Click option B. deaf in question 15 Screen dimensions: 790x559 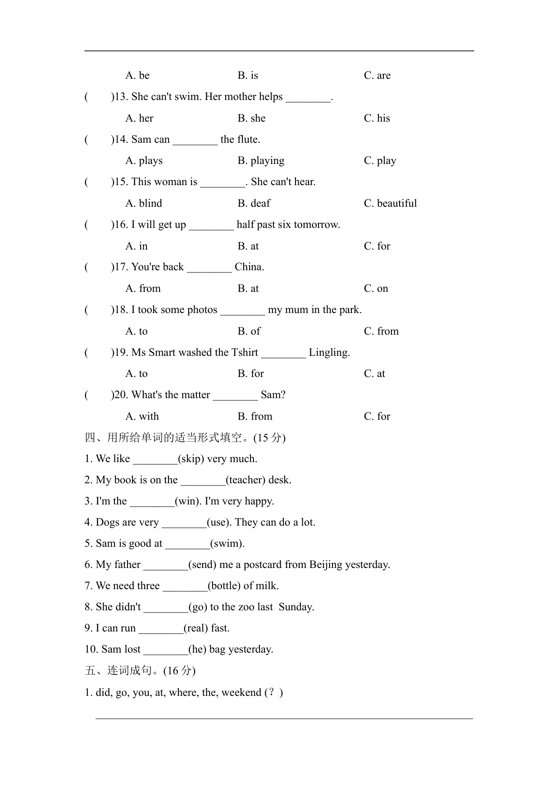254,204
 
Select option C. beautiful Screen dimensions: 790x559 390,204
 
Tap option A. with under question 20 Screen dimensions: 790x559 142,417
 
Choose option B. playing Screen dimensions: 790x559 261,161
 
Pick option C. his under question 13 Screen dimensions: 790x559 377,118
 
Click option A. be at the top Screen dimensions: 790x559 137,76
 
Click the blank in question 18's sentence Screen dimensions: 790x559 243,311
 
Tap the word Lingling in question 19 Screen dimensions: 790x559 329,353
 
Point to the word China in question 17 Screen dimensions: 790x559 249,267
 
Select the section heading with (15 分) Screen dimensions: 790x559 185,438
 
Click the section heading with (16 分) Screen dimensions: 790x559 140,671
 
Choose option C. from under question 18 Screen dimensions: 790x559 381,331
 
